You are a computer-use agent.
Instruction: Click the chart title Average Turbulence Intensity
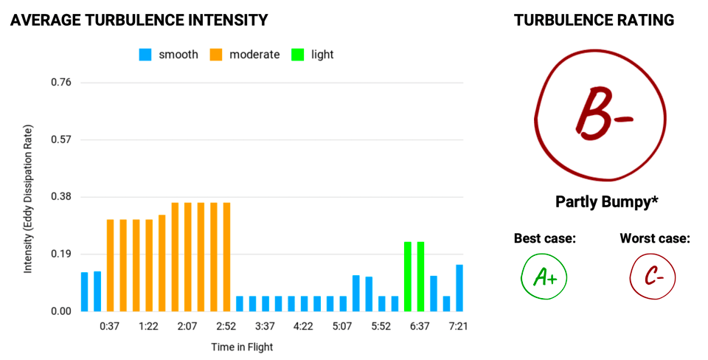point(139,21)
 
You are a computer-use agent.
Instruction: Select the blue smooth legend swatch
point(145,55)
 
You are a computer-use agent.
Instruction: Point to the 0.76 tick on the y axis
point(61,82)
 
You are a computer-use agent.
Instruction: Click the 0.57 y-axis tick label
point(61,139)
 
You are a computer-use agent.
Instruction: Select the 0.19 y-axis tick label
point(61,255)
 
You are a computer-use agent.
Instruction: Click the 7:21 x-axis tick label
point(459,326)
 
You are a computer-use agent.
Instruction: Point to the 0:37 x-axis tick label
point(111,326)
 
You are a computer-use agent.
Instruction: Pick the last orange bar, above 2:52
point(226,257)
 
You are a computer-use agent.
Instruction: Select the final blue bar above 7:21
point(459,288)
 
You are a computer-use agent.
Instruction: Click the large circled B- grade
point(600,117)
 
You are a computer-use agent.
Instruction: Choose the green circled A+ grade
point(544,277)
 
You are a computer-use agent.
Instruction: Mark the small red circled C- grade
point(653,277)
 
